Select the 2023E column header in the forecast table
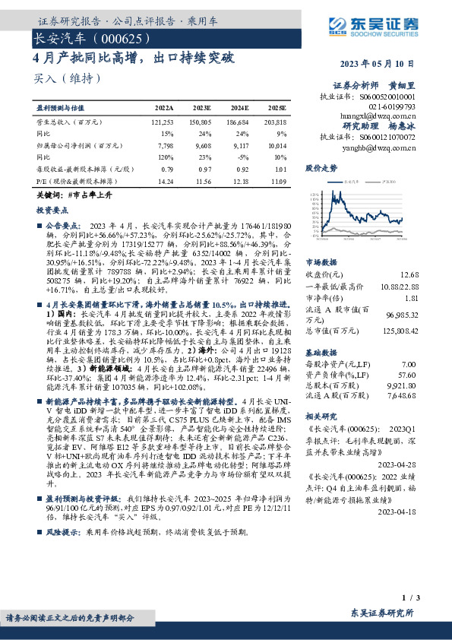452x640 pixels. click(200, 109)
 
